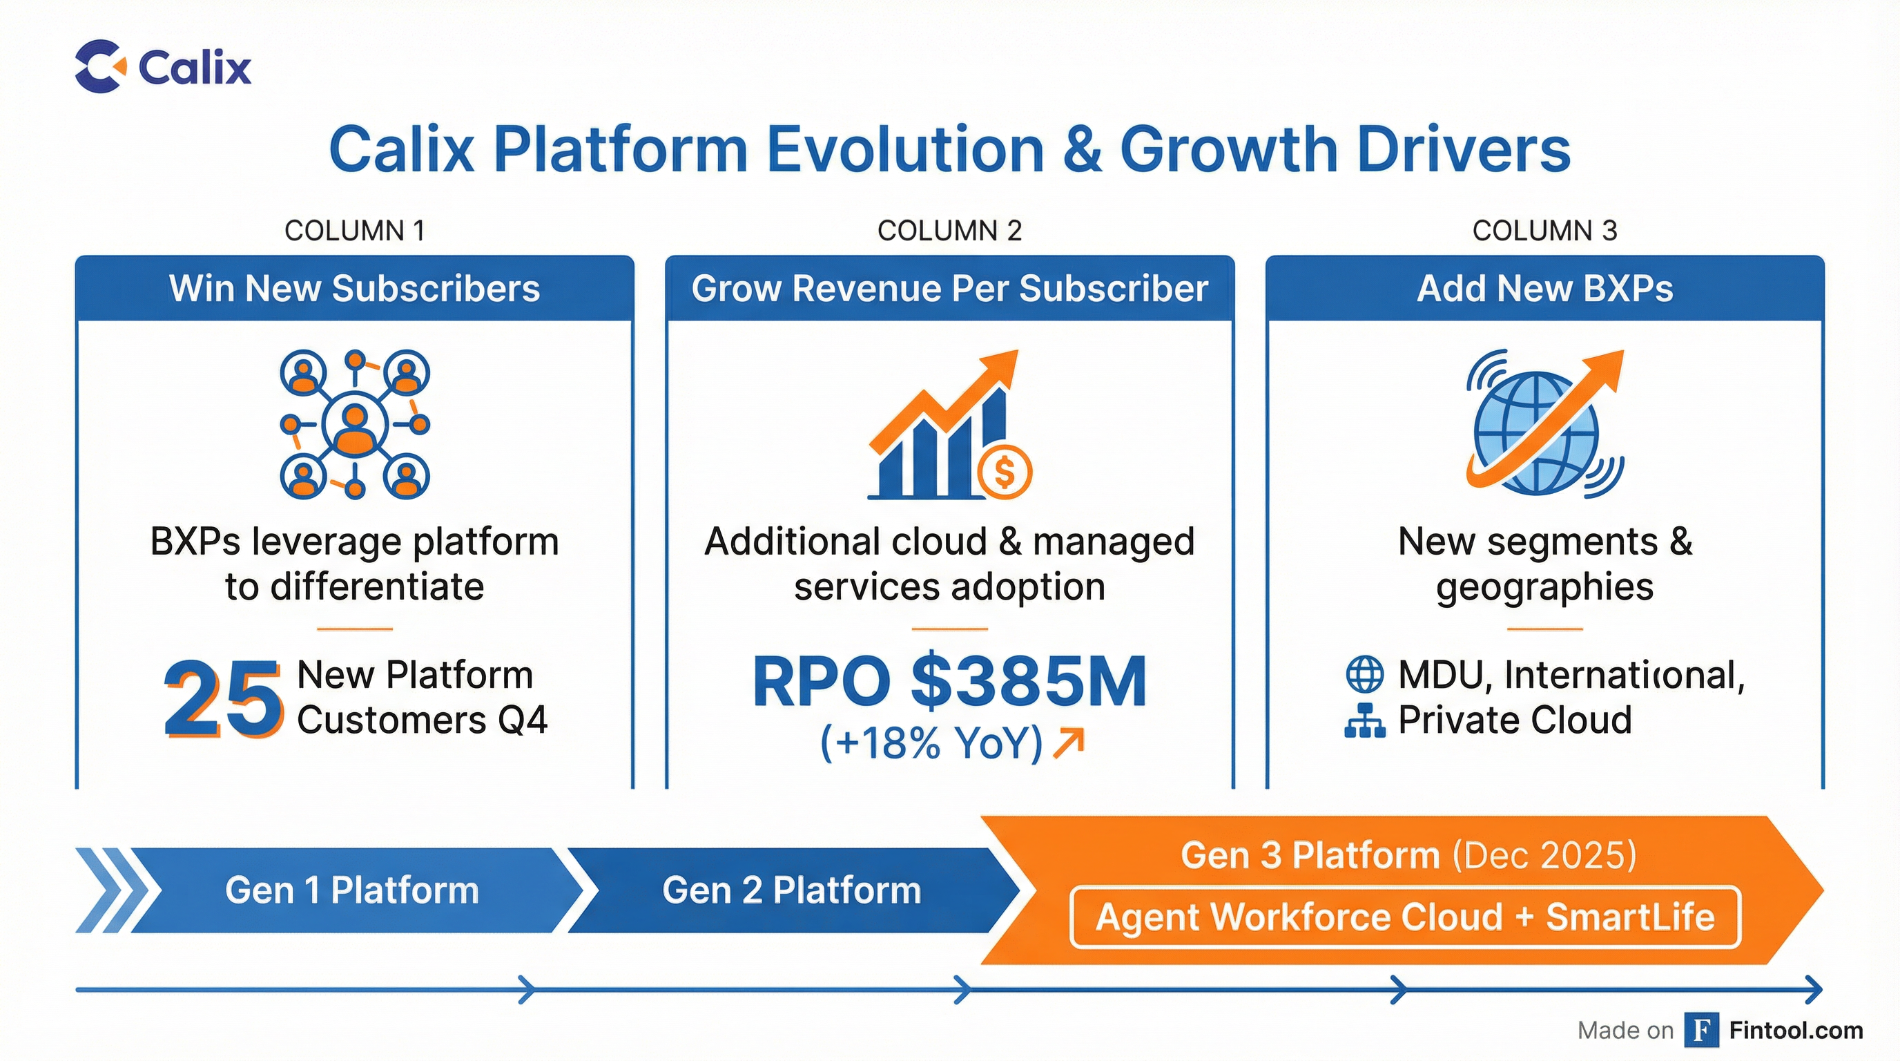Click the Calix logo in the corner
point(162,66)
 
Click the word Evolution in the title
point(906,150)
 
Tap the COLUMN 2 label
point(949,231)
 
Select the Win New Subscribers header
point(354,289)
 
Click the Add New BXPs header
point(1544,289)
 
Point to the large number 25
point(223,698)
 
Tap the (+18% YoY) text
point(931,743)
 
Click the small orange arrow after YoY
point(1069,743)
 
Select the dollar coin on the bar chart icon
point(1004,472)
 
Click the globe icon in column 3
point(1535,432)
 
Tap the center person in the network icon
point(355,426)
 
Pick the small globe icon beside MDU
point(1364,674)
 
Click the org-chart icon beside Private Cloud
point(1364,721)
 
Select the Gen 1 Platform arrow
point(353,890)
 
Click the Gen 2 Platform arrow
point(791,890)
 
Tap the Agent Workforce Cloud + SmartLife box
point(1404,918)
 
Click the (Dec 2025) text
point(1544,855)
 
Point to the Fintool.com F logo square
point(1702,1030)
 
